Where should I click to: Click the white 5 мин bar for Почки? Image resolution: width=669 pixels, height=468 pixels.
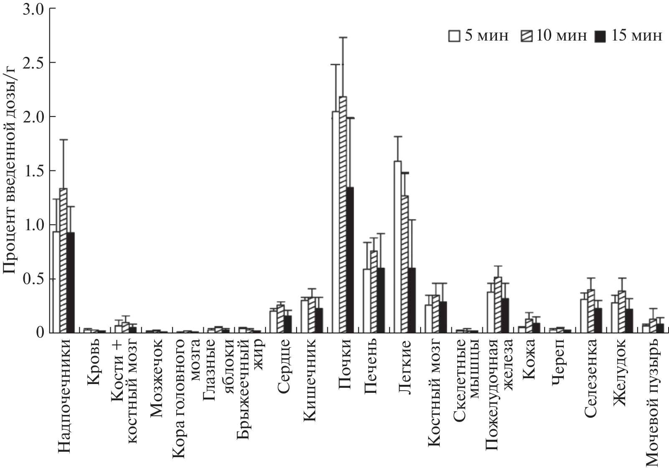coord(335,222)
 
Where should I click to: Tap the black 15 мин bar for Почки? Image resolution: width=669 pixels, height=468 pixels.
coord(350,259)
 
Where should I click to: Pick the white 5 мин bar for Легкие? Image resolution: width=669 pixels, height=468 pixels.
coord(398,247)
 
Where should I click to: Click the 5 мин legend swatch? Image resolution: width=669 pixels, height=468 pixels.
coord(454,36)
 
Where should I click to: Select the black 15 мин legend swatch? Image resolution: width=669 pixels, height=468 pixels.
coord(599,36)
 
